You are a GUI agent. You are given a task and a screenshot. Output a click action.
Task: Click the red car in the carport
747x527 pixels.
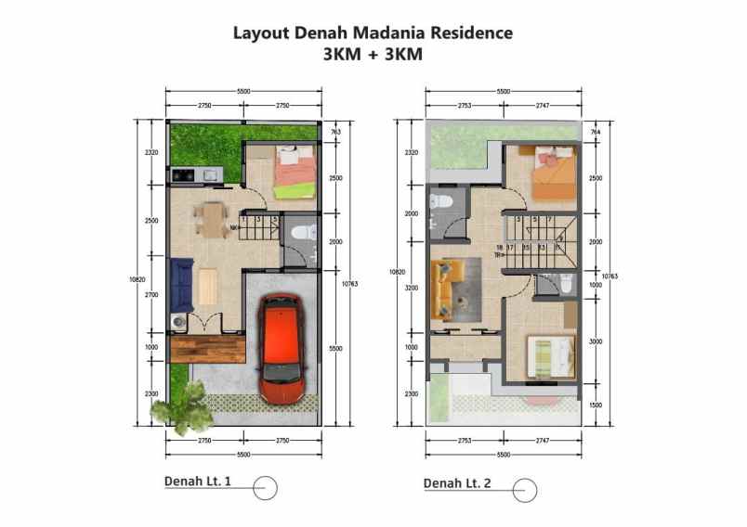coord(281,347)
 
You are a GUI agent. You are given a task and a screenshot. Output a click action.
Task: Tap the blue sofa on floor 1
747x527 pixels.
coord(181,284)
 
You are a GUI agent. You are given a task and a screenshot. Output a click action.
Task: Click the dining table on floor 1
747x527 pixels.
coord(213,220)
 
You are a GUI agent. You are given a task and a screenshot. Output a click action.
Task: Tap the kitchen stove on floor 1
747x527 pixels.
coord(181,174)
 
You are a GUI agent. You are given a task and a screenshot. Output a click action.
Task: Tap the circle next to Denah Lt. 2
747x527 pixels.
coord(524,488)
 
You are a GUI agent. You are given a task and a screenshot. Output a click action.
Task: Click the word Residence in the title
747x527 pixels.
coord(470,33)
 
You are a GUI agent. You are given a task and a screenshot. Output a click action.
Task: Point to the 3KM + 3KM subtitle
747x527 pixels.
coord(373,54)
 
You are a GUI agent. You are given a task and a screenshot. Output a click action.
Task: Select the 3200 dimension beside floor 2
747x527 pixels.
coord(412,288)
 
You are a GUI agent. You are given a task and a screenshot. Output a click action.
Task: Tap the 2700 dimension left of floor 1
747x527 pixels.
coord(151,295)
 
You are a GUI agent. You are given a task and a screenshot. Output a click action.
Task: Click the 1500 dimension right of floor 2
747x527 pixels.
coord(596,405)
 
